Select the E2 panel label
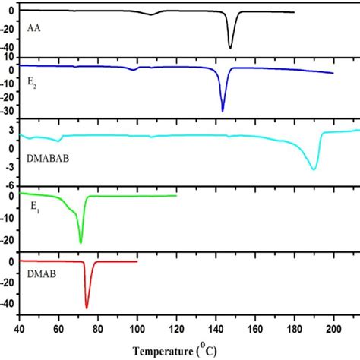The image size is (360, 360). [32, 88]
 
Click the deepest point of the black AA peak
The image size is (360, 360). [230, 48]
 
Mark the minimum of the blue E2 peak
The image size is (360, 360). [223, 111]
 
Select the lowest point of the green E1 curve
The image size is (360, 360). [81, 243]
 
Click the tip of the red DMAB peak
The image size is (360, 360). [87, 307]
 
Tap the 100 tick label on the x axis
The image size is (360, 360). [137, 332]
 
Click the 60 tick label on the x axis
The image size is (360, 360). [58, 332]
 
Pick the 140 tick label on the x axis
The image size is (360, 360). [216, 332]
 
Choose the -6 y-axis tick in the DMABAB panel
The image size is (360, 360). [11, 185]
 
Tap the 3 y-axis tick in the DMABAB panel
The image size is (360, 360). [13, 131]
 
